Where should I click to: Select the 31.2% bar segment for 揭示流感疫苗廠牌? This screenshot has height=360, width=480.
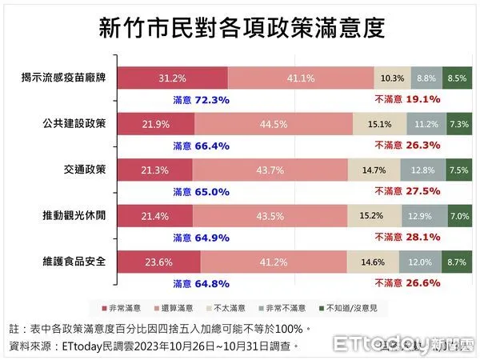[x=173, y=78]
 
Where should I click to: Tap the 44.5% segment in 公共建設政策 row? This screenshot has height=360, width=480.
[x=273, y=124]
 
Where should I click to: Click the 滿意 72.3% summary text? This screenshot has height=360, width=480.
[x=202, y=100]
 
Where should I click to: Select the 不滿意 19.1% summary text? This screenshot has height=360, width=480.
[x=408, y=100]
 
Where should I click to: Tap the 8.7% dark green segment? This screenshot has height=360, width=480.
[x=458, y=262]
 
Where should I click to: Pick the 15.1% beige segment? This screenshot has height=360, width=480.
[x=379, y=124]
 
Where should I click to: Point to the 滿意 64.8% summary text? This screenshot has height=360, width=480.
[x=202, y=283]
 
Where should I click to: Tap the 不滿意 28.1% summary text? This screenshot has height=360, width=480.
[x=408, y=238]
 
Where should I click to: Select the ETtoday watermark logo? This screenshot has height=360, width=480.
[x=403, y=345]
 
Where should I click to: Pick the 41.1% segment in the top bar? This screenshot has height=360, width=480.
[x=301, y=78]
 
